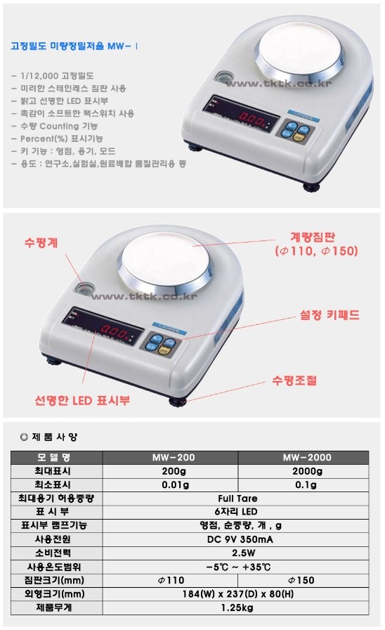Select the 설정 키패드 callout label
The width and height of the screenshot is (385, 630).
tap(324, 316)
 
